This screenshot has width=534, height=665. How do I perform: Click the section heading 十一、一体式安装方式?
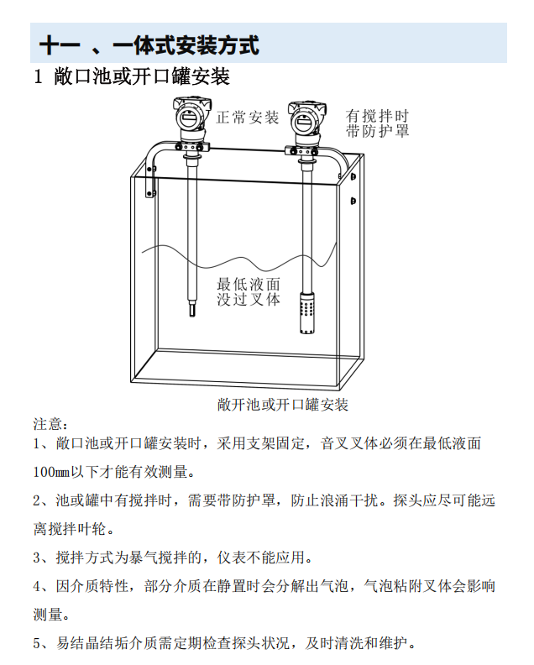(149, 45)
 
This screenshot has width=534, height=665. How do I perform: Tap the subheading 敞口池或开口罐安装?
(142, 76)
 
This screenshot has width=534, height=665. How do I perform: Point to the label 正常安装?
(248, 118)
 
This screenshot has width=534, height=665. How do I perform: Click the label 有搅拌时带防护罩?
(377, 123)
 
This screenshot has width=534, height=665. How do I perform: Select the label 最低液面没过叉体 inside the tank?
(249, 292)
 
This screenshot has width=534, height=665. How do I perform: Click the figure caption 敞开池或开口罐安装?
(283, 405)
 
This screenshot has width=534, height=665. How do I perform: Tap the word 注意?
(48, 424)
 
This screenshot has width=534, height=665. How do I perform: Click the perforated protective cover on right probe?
(306, 312)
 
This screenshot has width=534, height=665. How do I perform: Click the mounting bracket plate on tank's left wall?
(150, 181)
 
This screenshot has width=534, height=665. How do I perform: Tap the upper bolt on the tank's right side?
(353, 176)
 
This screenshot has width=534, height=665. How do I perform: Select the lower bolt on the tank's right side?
(353, 201)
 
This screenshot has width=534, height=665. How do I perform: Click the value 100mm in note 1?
(51, 472)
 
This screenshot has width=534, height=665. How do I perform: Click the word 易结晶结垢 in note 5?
(92, 643)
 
